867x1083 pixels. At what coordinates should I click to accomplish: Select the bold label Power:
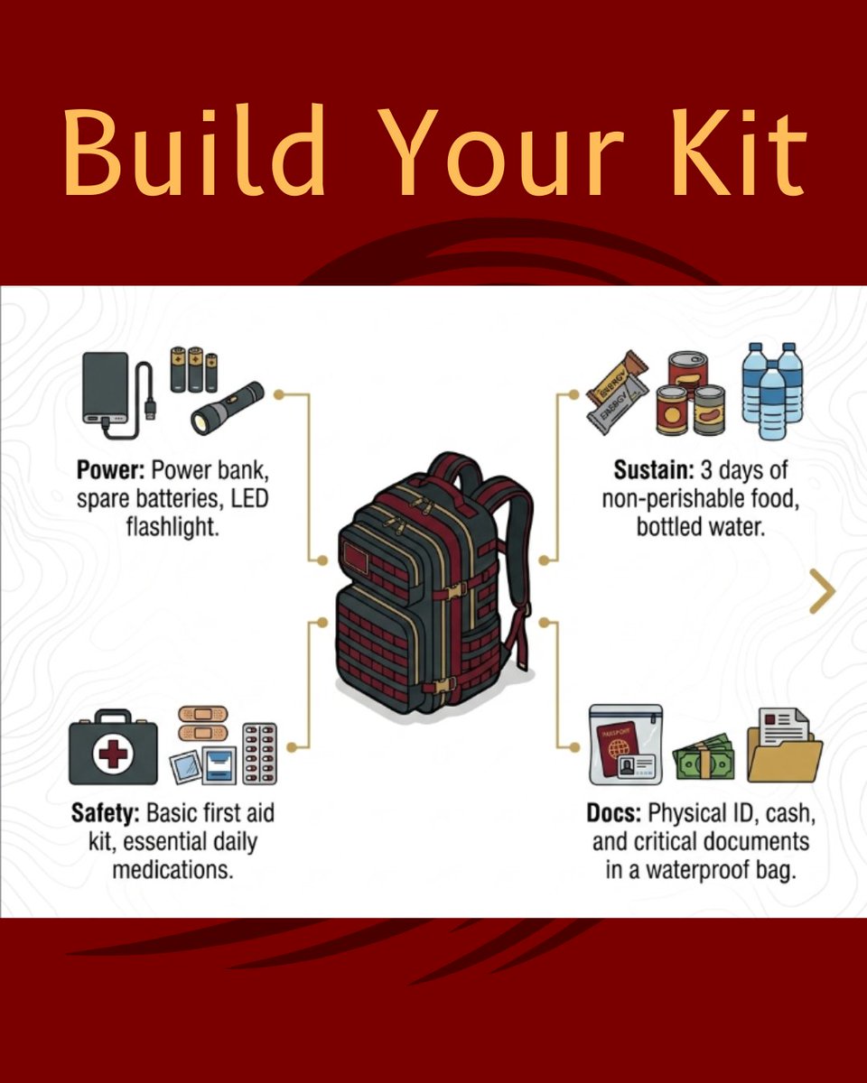pos(110,470)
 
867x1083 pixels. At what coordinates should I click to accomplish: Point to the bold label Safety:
pos(105,813)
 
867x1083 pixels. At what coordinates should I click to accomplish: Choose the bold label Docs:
pos(613,813)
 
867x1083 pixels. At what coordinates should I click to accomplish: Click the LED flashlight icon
pos(228,408)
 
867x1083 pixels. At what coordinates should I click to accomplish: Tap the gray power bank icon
pos(106,388)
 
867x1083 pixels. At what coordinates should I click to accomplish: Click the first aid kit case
pos(114,747)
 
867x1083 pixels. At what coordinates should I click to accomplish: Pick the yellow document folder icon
pos(785,745)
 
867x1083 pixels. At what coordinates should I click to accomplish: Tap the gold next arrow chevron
pos(823,591)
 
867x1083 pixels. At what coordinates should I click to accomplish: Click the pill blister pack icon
pos(259,754)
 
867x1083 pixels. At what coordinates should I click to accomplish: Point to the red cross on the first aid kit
pos(114,754)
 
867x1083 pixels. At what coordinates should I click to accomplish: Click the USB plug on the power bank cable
pos(151,408)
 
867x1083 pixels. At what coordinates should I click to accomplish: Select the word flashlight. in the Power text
pos(172,528)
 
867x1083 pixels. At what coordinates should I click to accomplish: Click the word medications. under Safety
pos(172,871)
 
